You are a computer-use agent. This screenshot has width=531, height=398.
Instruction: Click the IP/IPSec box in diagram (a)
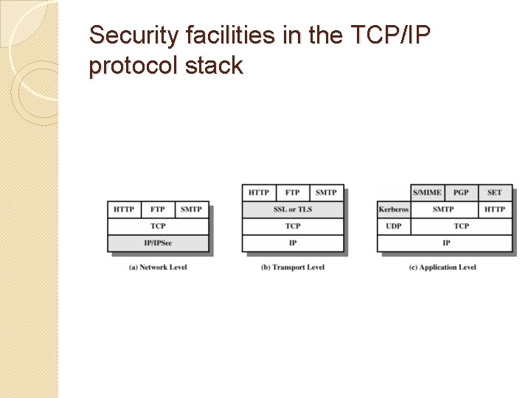click(158, 242)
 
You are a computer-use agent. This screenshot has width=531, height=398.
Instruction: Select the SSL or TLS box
click(293, 209)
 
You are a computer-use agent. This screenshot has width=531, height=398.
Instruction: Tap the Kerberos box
click(394, 209)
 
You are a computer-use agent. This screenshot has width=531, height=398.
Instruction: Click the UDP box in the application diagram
click(394, 226)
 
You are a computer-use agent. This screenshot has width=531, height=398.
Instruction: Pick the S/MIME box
click(427, 192)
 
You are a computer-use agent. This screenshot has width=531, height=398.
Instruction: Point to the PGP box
click(461, 192)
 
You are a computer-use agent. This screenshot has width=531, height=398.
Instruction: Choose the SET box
click(495, 192)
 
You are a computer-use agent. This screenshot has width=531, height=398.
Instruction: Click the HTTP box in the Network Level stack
click(124, 209)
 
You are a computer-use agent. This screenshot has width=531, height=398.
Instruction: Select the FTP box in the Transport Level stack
click(293, 192)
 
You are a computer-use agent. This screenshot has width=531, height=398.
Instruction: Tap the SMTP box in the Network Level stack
click(191, 209)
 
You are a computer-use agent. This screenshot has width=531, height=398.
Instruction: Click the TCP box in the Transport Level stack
click(293, 226)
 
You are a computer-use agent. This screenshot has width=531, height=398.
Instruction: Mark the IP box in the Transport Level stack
click(293, 242)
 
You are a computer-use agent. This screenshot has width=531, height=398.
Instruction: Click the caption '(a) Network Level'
click(158, 267)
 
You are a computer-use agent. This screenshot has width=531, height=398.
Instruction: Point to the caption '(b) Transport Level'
click(293, 267)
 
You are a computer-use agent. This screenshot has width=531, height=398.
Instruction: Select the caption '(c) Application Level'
click(442, 267)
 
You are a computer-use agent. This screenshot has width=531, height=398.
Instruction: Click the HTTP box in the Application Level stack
click(495, 209)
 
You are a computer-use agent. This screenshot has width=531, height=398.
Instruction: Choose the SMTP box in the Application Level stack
click(443, 209)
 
